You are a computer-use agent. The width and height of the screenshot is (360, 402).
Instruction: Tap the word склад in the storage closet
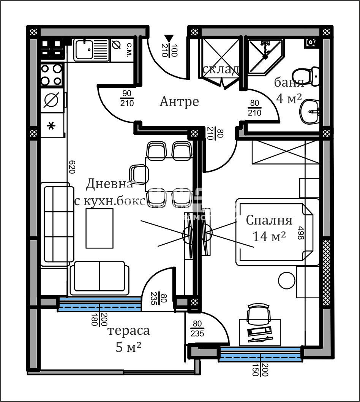pyautogui.click(x=221, y=69)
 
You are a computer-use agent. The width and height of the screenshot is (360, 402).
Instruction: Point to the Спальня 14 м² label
pyautogui.click(x=269, y=228)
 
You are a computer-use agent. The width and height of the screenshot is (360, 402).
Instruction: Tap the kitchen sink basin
pyautogui.click(x=84, y=50)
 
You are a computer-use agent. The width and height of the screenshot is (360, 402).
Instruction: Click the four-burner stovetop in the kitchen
pyautogui.click(x=52, y=75)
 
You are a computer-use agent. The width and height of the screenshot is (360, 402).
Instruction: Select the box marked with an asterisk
pyautogui.click(x=52, y=125)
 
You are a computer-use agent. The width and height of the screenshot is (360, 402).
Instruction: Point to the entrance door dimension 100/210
pyautogui.click(x=169, y=50)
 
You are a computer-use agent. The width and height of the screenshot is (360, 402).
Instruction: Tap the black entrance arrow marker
pyautogui.click(x=168, y=38)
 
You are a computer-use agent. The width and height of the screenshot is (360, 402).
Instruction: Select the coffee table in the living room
pyautogui.click(x=100, y=228)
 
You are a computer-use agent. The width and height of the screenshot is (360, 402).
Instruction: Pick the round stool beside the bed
pyautogui.click(x=287, y=280)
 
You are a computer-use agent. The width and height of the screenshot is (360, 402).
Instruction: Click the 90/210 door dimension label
pyautogui.click(x=127, y=98)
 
